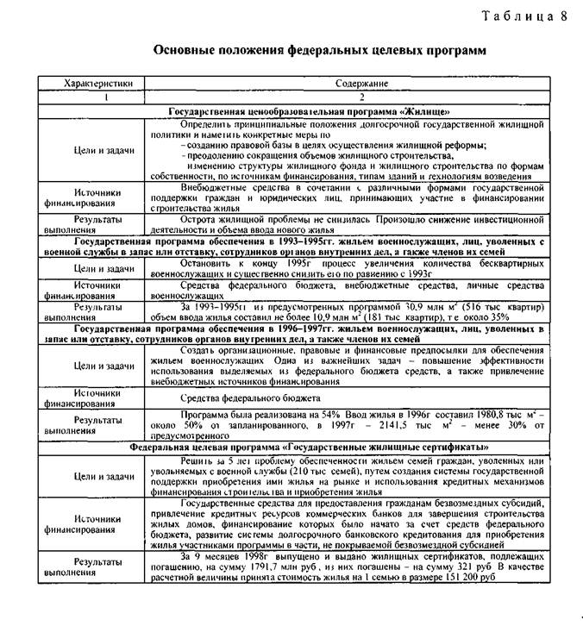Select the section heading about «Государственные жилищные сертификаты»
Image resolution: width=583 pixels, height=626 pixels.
pyautogui.click(x=308, y=448)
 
